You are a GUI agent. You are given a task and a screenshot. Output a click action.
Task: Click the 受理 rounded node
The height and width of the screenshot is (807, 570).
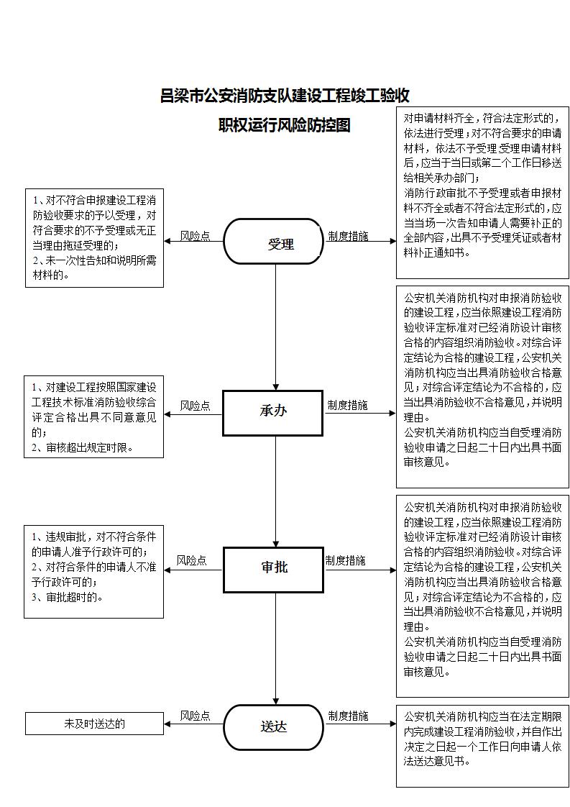click(x=273, y=242)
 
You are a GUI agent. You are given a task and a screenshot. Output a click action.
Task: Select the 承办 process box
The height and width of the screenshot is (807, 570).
click(x=273, y=413)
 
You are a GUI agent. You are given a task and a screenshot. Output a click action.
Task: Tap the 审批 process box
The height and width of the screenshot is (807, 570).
click(x=273, y=570)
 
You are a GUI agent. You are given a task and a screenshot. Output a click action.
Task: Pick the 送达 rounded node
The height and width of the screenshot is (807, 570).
click(x=273, y=727)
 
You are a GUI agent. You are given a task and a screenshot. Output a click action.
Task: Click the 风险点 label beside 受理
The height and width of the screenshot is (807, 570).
click(x=195, y=236)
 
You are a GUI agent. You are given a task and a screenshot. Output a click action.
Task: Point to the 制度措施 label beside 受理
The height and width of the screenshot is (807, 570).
click(x=349, y=236)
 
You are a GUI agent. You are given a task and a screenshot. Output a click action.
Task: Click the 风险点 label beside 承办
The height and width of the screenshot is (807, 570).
click(x=195, y=406)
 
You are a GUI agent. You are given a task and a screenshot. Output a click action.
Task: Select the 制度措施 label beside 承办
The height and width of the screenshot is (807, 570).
click(x=348, y=406)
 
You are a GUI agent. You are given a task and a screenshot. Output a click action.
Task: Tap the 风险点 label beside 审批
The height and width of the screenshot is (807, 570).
click(x=191, y=560)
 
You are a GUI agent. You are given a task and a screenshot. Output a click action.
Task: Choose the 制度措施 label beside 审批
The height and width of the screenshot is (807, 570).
click(x=345, y=560)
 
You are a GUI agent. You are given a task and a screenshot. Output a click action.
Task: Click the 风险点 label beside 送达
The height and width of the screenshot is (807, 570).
click(x=195, y=716)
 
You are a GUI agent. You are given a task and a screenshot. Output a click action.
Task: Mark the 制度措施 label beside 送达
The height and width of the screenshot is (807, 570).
click(x=349, y=716)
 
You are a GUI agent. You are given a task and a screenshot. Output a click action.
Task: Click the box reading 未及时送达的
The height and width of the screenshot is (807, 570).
click(x=95, y=724)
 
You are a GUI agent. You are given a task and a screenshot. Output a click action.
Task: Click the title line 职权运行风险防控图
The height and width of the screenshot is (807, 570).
click(x=285, y=125)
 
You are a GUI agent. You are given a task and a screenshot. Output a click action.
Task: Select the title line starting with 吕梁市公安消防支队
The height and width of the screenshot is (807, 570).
click(x=285, y=96)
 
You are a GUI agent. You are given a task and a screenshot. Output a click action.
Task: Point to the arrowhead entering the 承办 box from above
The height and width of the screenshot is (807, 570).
click(x=276, y=386)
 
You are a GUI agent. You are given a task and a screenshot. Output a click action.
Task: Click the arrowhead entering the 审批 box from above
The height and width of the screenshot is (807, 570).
click(x=276, y=544)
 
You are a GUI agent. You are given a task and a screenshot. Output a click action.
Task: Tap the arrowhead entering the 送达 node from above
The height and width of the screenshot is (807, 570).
click(x=276, y=701)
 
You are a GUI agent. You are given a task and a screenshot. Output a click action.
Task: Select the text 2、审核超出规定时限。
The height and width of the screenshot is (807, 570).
click(x=83, y=448)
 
